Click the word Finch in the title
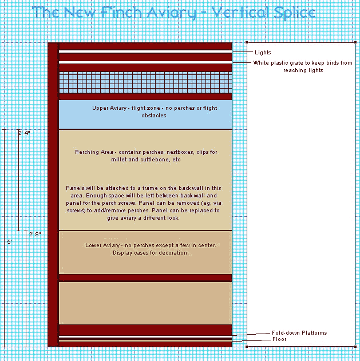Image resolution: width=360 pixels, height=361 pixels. [x=121, y=12]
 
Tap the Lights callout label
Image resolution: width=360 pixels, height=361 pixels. [x=263, y=53]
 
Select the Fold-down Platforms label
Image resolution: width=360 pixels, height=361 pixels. [x=299, y=333]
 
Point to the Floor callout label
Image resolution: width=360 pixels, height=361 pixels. [x=279, y=339]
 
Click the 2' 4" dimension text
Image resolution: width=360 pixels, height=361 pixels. [x=25, y=133]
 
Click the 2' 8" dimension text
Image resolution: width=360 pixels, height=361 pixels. [x=35, y=235]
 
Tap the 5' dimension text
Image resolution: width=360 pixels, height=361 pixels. [x=9, y=242]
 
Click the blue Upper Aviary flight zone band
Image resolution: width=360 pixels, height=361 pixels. [x=145, y=114]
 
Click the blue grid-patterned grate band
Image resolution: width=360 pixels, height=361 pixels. [x=145, y=82]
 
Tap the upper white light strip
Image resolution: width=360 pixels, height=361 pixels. [x=145, y=51]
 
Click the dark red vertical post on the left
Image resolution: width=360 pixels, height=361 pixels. [x=53, y=195]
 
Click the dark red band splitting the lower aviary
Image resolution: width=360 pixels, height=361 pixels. [x=145, y=278]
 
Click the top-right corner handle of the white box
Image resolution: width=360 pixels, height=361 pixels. [x=355, y=42]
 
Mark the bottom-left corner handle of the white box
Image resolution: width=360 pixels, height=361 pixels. [x=247, y=346]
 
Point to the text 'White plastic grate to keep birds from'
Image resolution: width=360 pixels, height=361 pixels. [x=303, y=63]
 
